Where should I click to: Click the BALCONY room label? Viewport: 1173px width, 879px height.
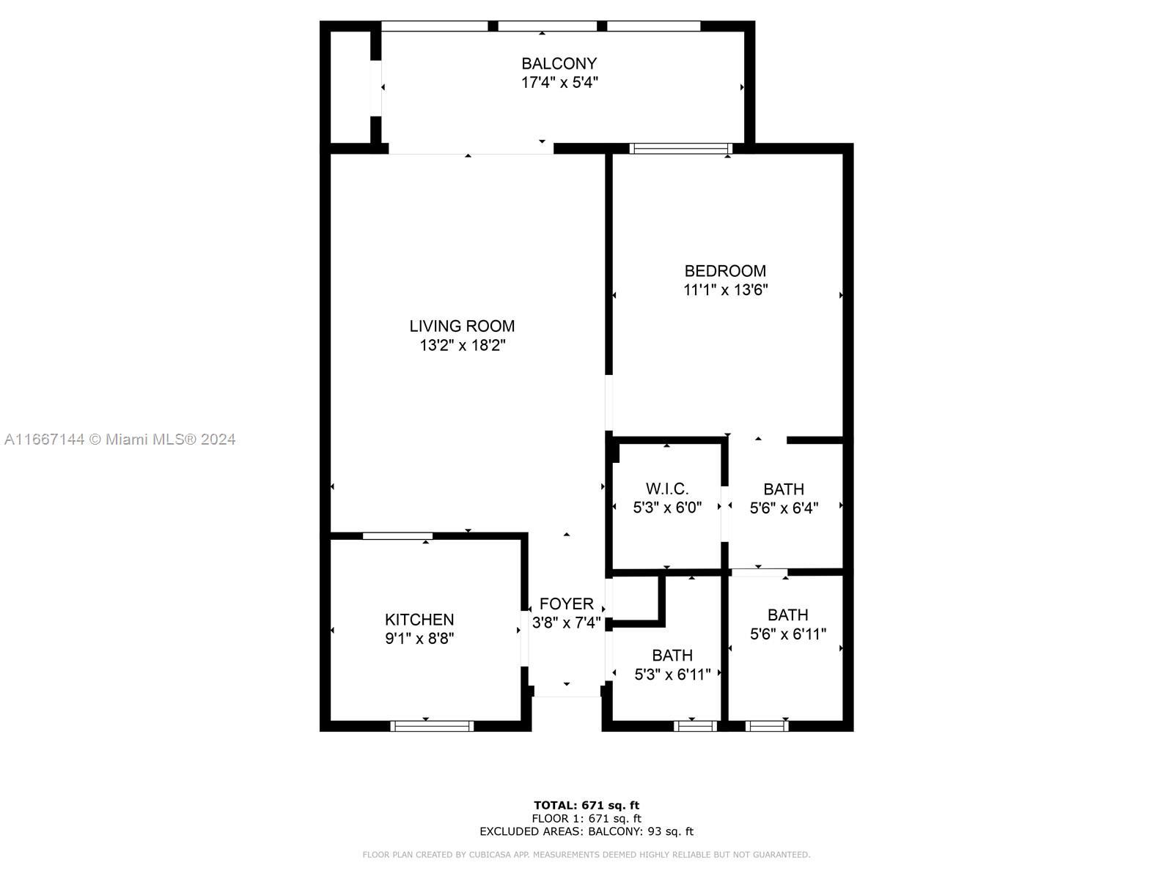559,64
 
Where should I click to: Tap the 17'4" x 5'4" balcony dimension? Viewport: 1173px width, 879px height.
559,83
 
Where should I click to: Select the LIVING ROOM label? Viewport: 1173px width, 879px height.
462,326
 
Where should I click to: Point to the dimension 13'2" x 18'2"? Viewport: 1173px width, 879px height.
462,345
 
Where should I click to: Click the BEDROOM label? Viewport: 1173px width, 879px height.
725,271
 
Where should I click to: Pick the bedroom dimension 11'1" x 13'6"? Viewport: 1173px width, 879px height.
725,290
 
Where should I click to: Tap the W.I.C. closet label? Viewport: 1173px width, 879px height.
667,489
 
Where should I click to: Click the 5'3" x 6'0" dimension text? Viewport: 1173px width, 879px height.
667,507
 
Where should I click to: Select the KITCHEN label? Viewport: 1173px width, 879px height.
419,620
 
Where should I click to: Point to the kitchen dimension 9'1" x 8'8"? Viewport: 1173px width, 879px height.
419,639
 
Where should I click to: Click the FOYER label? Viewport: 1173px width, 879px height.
566,604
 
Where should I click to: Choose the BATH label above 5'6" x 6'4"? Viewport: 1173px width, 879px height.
784,489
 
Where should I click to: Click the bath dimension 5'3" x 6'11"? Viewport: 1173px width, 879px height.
672,675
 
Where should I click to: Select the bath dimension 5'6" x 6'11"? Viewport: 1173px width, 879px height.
788,634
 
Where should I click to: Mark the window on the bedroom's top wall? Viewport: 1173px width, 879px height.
681,149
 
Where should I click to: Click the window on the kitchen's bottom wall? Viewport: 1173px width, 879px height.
432,726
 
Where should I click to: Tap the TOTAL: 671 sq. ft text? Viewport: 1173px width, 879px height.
586,805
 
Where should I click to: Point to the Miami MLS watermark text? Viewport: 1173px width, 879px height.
119,439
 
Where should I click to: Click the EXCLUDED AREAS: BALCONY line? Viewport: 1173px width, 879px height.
586,831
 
